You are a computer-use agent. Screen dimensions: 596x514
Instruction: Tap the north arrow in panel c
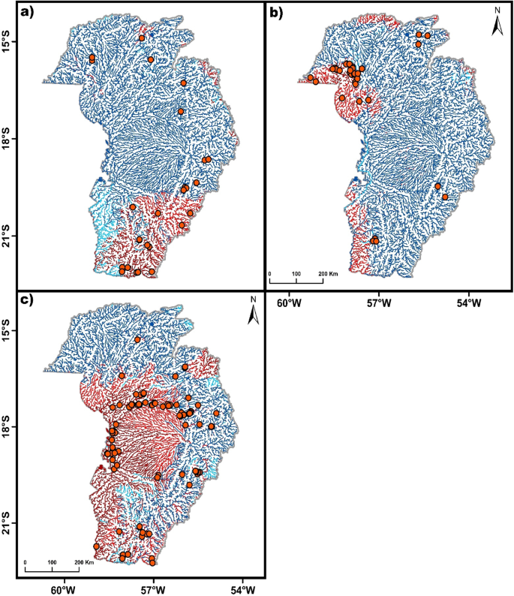pyautogui.click(x=253, y=311)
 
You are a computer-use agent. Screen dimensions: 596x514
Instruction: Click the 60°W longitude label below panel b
pyautogui.click(x=289, y=303)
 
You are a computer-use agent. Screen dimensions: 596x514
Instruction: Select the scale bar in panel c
pyautogui.click(x=52, y=567)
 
